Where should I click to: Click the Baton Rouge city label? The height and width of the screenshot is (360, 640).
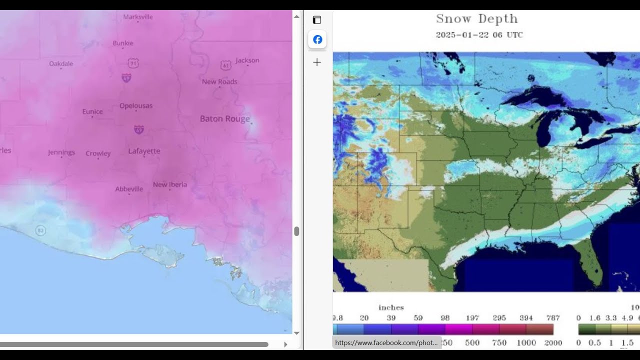(x=224, y=119)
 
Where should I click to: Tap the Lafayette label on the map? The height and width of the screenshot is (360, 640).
(x=144, y=151)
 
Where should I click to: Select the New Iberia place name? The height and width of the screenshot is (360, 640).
(x=170, y=184)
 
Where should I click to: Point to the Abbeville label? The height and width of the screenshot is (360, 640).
(x=129, y=189)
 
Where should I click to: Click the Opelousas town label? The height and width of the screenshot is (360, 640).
(x=136, y=106)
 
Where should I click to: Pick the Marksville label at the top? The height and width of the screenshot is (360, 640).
(x=138, y=17)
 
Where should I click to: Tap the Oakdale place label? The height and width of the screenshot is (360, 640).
(x=61, y=63)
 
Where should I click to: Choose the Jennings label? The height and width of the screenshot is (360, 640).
(x=61, y=152)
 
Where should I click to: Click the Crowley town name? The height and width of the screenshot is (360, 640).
(x=98, y=153)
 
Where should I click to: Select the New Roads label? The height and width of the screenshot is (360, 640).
(x=219, y=82)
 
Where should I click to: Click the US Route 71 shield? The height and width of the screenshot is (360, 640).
(x=133, y=63)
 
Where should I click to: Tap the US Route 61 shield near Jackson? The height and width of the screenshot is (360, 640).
(x=225, y=65)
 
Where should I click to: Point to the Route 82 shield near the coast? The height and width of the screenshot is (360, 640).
(x=40, y=230)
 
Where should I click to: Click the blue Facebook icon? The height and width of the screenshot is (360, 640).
(x=317, y=39)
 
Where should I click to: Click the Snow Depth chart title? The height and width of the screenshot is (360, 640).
(x=476, y=19)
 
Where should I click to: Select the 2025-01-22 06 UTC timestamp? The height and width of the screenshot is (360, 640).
(x=479, y=35)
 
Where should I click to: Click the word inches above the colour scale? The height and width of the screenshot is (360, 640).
(x=391, y=307)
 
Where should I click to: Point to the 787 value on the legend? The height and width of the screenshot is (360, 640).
(x=553, y=318)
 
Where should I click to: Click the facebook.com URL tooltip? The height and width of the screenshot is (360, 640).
(x=386, y=343)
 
